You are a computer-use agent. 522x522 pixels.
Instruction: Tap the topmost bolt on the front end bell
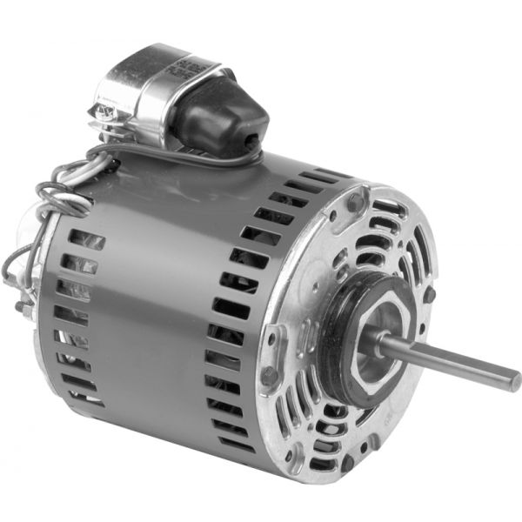[x=354, y=204]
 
